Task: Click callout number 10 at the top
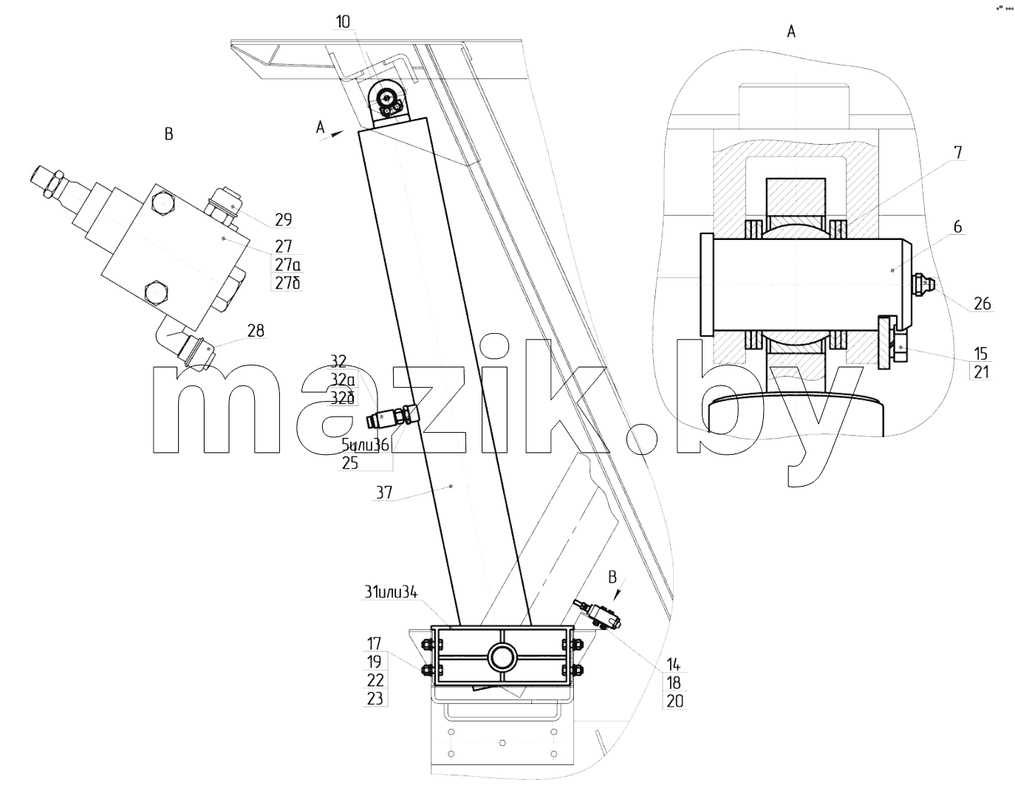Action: pyautogui.click(x=344, y=21)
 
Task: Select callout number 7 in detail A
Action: pyautogui.click(x=957, y=153)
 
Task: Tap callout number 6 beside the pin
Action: pyautogui.click(x=957, y=227)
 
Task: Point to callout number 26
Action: pyautogui.click(x=982, y=304)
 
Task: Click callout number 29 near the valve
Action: pyautogui.click(x=284, y=220)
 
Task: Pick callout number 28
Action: pyautogui.click(x=256, y=331)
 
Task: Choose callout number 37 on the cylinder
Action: pyautogui.click(x=384, y=493)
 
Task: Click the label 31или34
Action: pyautogui.click(x=391, y=592)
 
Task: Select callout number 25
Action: pyautogui.click(x=350, y=464)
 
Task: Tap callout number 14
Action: pyautogui.click(x=673, y=665)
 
